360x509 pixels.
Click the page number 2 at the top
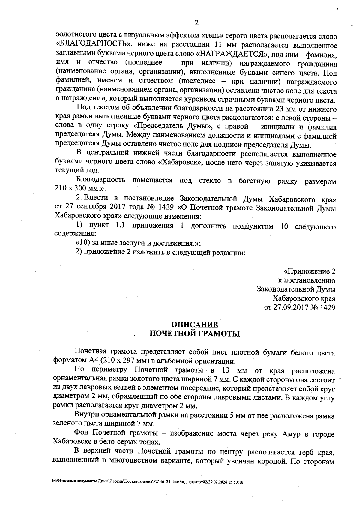tap(196, 23)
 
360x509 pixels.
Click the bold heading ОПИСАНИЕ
tap(194, 325)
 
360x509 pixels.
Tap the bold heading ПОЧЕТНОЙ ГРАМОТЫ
tap(194, 334)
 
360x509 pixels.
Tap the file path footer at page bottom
tap(147, 482)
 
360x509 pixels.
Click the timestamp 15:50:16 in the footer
tap(235, 482)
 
